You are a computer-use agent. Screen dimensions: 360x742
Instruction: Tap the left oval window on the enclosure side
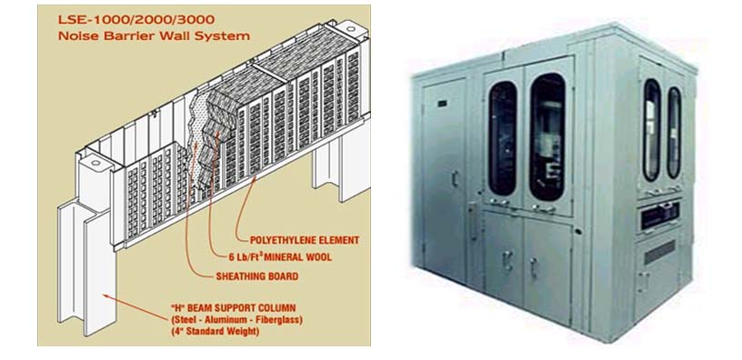652,128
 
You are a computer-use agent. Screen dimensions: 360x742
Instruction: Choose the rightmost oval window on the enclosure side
674,131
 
